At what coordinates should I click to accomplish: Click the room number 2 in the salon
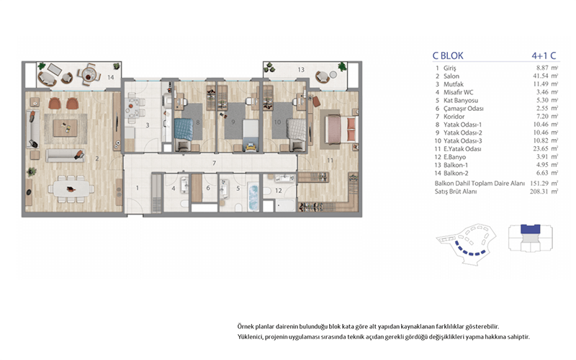[x=97, y=158]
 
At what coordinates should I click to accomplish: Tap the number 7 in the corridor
[x=214, y=163]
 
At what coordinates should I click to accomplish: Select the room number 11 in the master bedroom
[x=330, y=160]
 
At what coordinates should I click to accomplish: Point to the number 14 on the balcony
[x=111, y=77]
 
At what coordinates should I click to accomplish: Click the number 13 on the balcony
[x=301, y=69]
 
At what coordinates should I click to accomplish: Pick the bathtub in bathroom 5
[x=253, y=197]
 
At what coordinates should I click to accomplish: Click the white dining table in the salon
[x=71, y=189]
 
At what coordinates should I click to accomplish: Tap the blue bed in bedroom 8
[x=184, y=130]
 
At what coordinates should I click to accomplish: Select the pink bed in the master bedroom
[x=341, y=129]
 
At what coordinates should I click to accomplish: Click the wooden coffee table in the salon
[x=66, y=128]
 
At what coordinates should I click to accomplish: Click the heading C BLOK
[x=448, y=56]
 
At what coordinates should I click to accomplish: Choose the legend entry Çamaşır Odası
[x=463, y=109]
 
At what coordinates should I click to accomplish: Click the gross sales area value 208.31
[x=539, y=192]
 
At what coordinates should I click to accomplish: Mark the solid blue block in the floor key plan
[x=531, y=229]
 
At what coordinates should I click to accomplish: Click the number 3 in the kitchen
[x=148, y=125]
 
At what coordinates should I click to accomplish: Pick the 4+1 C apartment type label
[x=544, y=56]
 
